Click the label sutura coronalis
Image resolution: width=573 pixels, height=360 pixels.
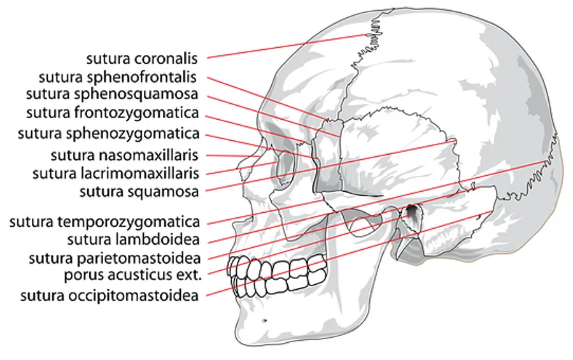coord(142,59)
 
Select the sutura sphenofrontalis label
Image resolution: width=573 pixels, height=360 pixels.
coord(118,77)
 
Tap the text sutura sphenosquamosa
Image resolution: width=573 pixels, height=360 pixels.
coord(112,94)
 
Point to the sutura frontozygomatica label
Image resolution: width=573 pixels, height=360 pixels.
coord(113,113)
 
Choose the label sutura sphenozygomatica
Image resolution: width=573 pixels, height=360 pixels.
coord(109,134)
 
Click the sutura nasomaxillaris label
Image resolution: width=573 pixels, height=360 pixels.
coord(125,155)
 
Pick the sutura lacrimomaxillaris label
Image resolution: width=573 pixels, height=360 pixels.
coord(116,173)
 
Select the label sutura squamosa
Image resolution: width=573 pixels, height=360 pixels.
coord(139,191)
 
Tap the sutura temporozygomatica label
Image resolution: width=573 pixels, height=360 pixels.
coord(105,222)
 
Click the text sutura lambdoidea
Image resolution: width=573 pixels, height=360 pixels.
coord(134,240)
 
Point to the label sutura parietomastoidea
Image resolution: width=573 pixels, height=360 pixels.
coord(115,258)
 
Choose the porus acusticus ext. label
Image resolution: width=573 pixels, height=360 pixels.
coord(133,275)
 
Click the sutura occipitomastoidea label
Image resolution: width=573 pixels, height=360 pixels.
coord(110,296)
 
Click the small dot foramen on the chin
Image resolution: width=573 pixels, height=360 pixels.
coord(264,321)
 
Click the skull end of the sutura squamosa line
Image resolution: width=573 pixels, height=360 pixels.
coord(456,140)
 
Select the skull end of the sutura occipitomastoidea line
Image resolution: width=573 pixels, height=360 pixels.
coord(492,212)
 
